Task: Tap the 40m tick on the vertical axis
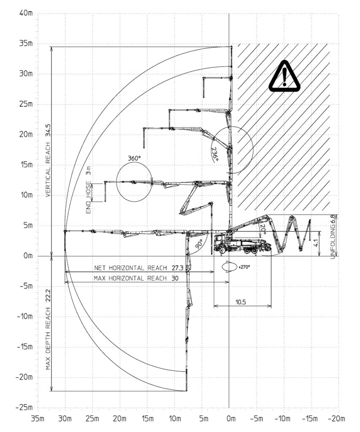26,13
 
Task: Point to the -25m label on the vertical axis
24,408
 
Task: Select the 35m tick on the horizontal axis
38,419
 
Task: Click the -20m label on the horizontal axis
336,419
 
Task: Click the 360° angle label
134,159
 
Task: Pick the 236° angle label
215,154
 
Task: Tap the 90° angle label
199,243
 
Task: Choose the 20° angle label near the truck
263,229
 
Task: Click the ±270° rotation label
244,267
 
